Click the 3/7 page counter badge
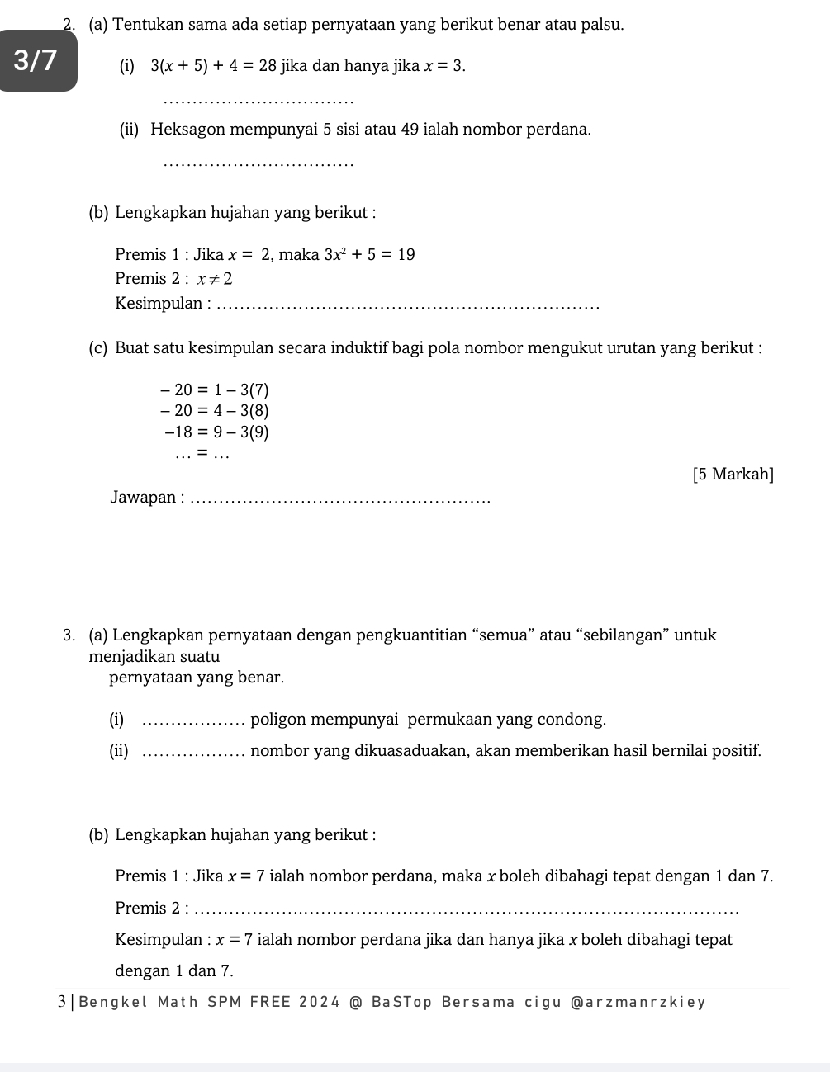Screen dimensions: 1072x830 tap(37, 60)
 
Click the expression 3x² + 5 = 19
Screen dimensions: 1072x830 tap(370, 255)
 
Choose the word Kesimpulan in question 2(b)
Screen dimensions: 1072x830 tap(159, 304)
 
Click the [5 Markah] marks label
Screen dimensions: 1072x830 tap(733, 475)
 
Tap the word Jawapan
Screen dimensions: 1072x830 tap(143, 498)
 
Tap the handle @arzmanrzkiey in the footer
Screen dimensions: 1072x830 tap(638, 1003)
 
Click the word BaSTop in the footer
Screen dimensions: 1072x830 tap(402, 1003)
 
